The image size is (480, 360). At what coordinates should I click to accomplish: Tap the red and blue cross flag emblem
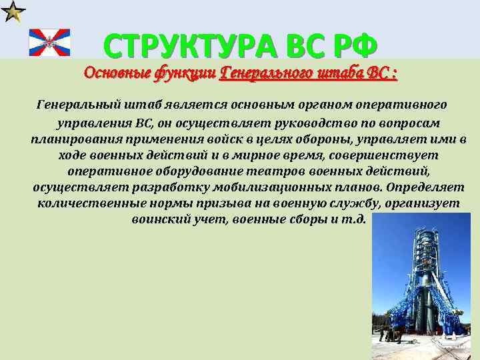click(49, 43)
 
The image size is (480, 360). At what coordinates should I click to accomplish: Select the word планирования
click(72, 140)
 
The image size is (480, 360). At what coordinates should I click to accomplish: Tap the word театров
click(267, 171)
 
